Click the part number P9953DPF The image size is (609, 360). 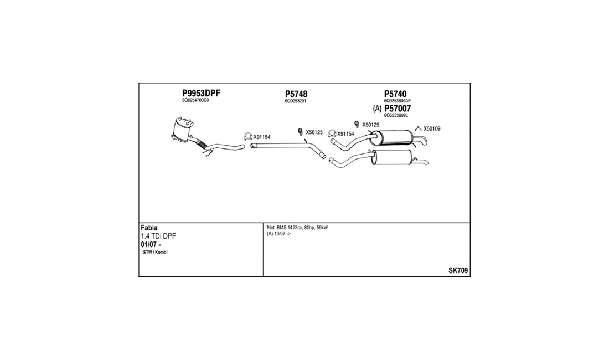(201, 93)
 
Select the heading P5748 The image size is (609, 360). (296, 94)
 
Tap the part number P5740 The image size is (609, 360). (395, 94)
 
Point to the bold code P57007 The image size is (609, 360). (398, 109)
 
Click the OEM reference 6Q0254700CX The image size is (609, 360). (196, 101)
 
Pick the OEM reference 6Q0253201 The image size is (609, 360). (296, 101)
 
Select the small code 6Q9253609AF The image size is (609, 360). (398, 101)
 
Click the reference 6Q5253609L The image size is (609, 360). (396, 115)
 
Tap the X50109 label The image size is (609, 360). (432, 129)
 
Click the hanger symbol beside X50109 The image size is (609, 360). (419, 128)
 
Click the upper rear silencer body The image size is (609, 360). (395, 137)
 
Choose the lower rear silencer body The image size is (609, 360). (393, 157)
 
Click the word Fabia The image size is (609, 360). (149, 228)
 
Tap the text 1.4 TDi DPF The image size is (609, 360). (158, 236)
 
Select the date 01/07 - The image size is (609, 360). (151, 245)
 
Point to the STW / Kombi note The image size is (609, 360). (156, 253)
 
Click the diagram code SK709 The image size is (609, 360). (458, 271)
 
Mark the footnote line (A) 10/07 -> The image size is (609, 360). (278, 234)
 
